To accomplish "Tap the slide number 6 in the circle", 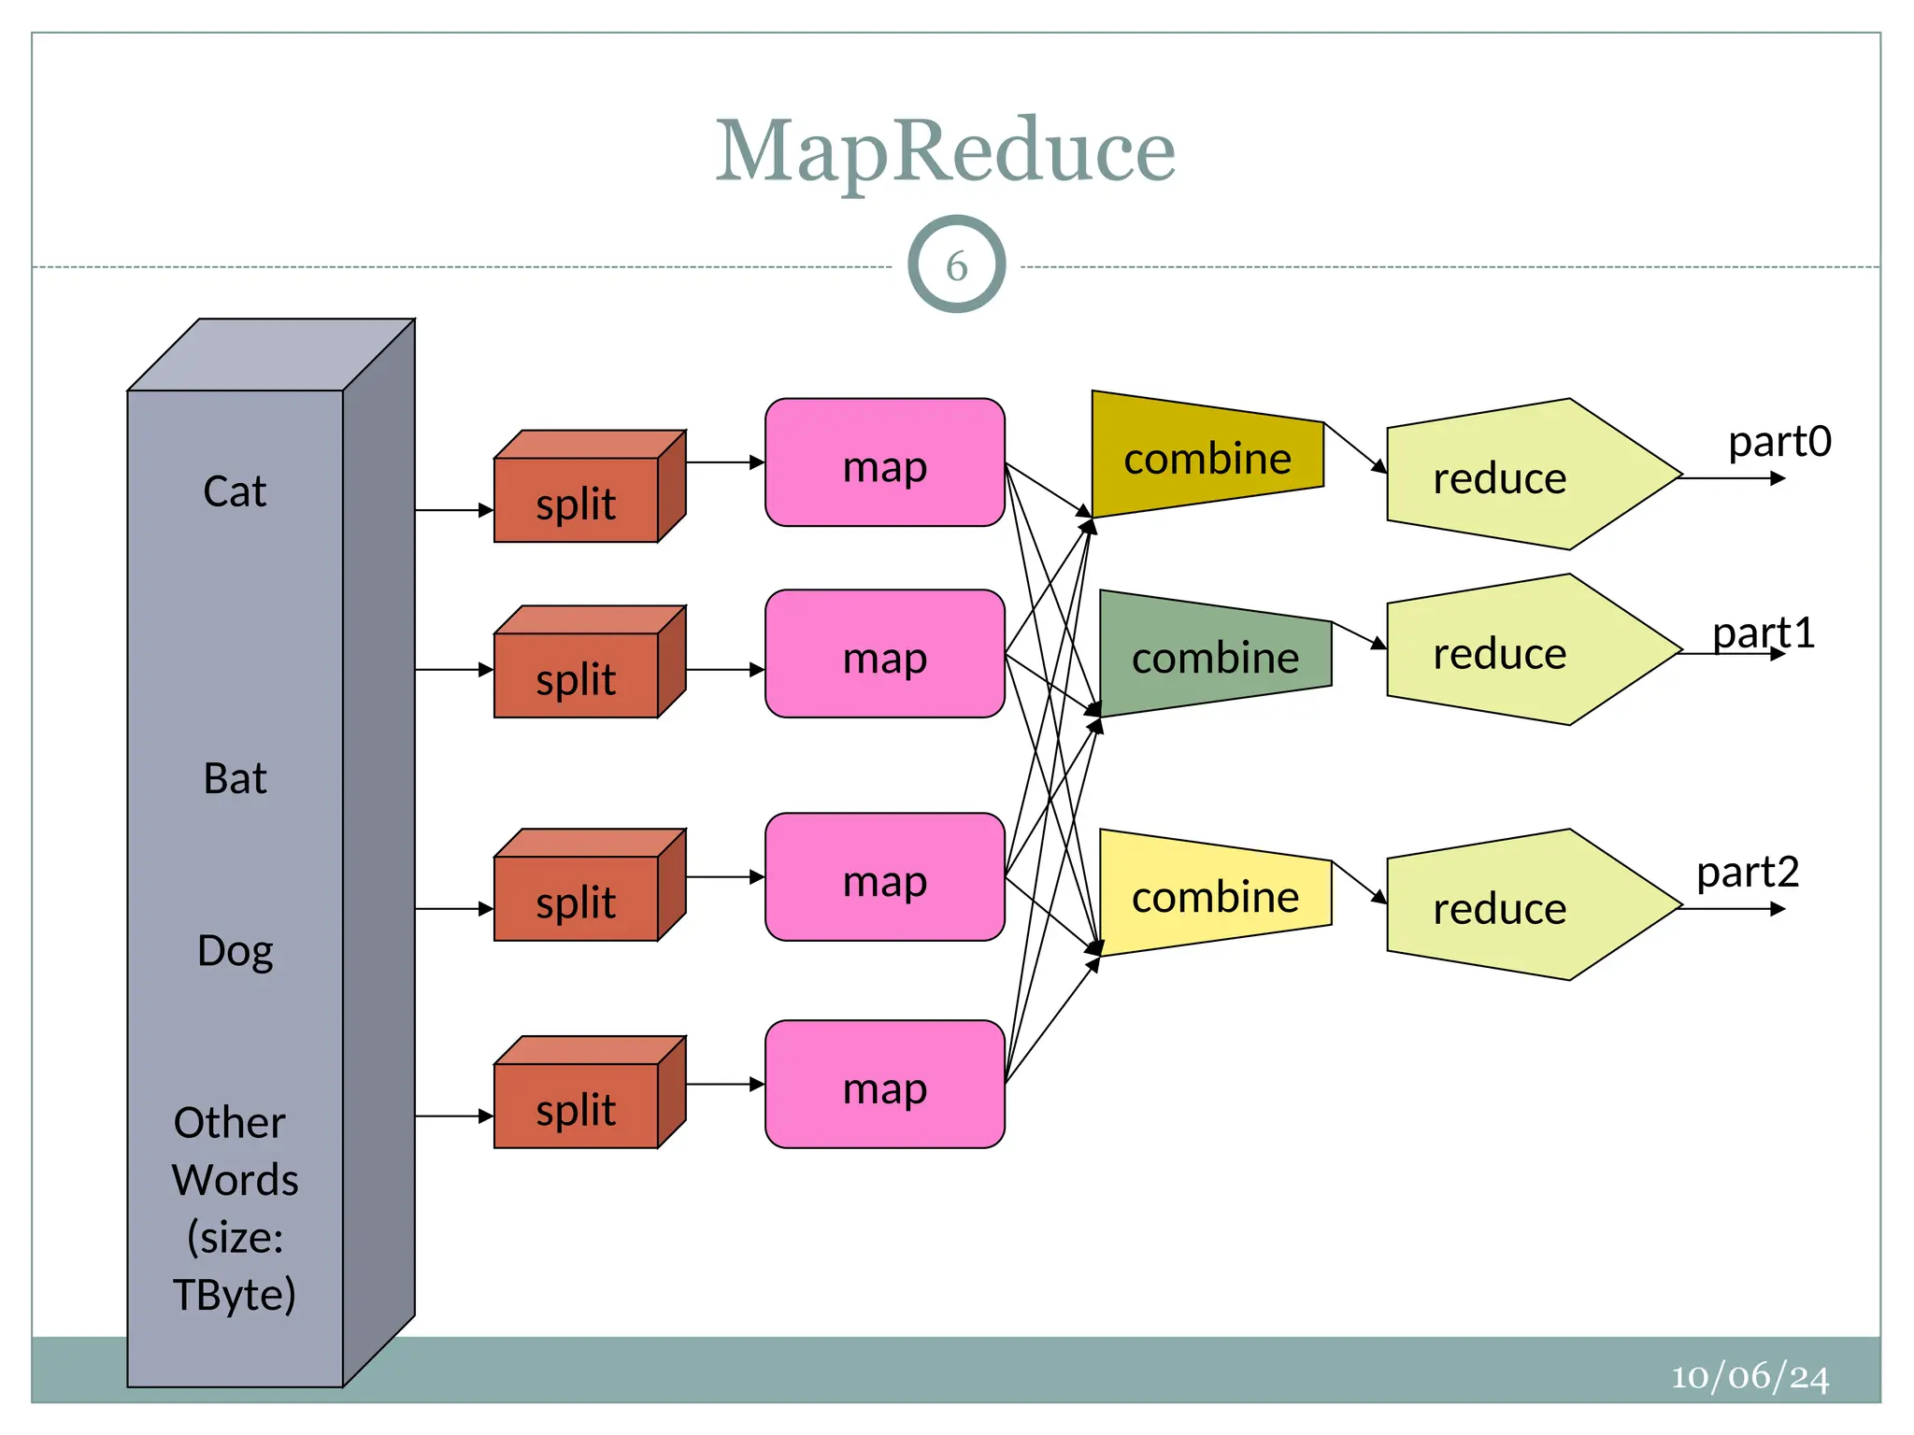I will [x=956, y=265].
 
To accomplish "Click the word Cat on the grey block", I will [x=235, y=491].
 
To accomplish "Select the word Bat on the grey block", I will [x=235, y=778].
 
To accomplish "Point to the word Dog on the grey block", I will [x=235, y=951].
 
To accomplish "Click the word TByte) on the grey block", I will [x=235, y=1295].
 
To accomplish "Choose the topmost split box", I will [x=577, y=499].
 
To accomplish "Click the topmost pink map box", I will [x=884, y=463].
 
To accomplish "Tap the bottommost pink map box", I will [x=884, y=1085].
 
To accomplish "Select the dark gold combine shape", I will [x=1207, y=456].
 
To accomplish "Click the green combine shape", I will [x=1215, y=656].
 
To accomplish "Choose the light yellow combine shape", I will [x=1215, y=895].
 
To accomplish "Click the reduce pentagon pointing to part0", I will [x=1514, y=476].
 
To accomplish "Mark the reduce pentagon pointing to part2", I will [x=1514, y=906].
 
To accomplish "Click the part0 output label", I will [x=1779, y=441].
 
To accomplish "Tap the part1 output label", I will [x=1764, y=632].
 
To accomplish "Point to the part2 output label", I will [x=1748, y=872].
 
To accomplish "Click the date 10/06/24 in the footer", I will [x=1750, y=1376].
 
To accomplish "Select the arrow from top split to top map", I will [x=725, y=462].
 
